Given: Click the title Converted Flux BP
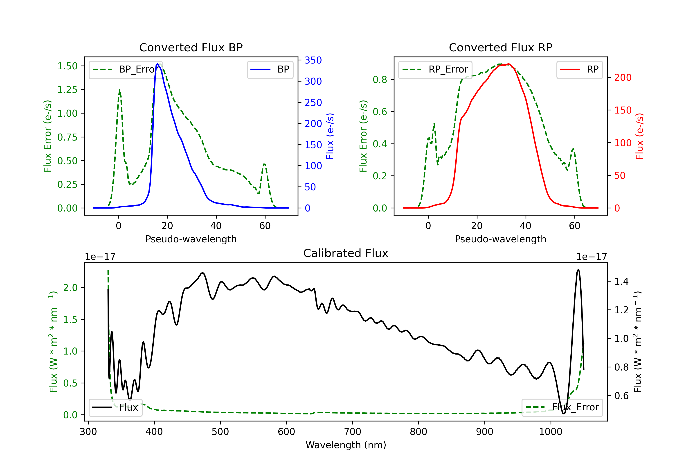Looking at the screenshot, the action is click(x=191, y=47).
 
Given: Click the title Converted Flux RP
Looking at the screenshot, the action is click(x=500, y=47).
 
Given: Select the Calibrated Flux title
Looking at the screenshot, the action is click(x=346, y=253).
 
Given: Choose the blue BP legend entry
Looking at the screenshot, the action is click(x=270, y=69).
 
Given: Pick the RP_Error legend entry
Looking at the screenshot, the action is click(x=435, y=69).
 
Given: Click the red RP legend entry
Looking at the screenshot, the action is click(x=579, y=69).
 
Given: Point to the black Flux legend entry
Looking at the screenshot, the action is click(x=115, y=407).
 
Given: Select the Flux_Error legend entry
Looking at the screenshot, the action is click(x=562, y=407).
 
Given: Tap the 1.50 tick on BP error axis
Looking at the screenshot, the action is click(x=67, y=66).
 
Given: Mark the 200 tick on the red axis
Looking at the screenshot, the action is click(x=623, y=77).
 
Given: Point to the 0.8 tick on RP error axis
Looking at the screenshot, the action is click(x=380, y=80).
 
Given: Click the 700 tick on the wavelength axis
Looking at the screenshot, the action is click(x=353, y=432).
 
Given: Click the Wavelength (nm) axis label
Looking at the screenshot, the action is click(x=346, y=445).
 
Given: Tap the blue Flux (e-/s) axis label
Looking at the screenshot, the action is click(x=330, y=136).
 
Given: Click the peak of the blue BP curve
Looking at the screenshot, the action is click(x=157, y=64).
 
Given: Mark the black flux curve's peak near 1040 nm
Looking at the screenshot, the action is click(x=578, y=270).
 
